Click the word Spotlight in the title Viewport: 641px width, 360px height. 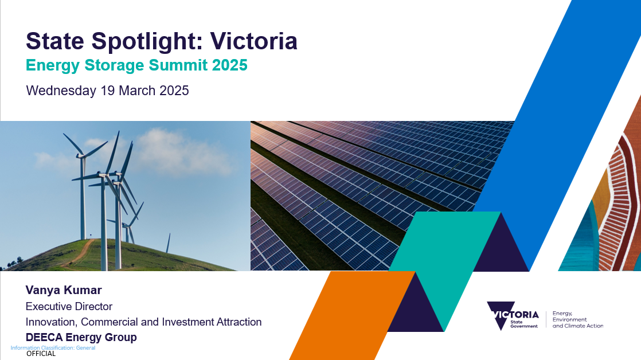tap(147, 42)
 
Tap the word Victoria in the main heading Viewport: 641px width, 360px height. tap(254, 41)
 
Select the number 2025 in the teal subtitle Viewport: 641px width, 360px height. tap(230, 65)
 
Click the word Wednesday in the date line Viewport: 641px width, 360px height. tap(61, 91)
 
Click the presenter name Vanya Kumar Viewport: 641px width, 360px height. tap(64, 290)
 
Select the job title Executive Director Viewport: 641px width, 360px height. tap(69, 307)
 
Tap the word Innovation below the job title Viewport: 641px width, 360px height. tap(51, 322)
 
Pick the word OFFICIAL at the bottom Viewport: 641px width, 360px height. tap(41, 354)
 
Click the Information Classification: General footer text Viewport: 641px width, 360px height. tap(53, 348)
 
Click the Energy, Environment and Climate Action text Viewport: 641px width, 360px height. tap(577, 319)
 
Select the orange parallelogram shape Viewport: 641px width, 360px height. tap(353, 315)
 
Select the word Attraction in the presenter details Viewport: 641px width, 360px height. tap(239, 322)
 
